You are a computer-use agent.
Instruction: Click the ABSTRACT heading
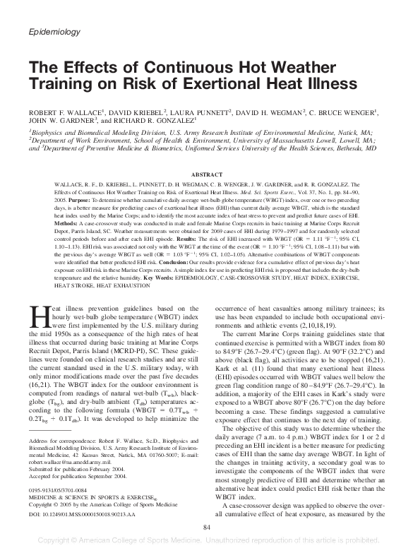(206, 173)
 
